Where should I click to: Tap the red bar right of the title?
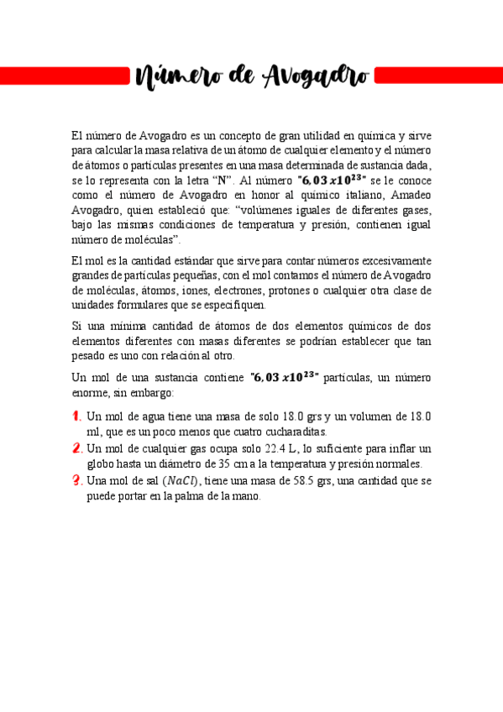[x=438, y=76]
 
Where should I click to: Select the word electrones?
[x=238, y=291]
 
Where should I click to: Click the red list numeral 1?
[x=76, y=416]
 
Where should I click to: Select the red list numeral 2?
[x=76, y=448]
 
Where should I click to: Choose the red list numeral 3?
[x=76, y=480]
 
